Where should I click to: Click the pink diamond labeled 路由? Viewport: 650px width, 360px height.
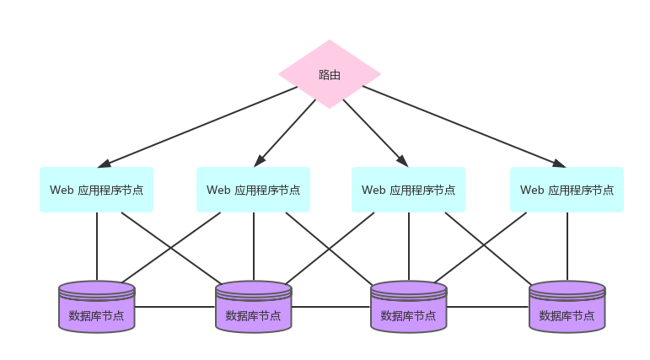pyautogui.click(x=330, y=74)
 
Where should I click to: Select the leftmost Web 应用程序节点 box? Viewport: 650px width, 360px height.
pyautogui.click(x=96, y=190)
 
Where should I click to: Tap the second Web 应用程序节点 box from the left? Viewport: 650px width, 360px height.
pyautogui.click(x=253, y=190)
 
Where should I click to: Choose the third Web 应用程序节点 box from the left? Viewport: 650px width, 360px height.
pyautogui.click(x=409, y=190)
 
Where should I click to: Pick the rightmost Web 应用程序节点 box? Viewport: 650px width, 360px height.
pyautogui.click(x=567, y=190)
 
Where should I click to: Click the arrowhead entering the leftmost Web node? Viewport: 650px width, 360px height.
pyautogui.click(x=105, y=163)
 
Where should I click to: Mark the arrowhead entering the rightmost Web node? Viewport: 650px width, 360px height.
pyautogui.click(x=558, y=163)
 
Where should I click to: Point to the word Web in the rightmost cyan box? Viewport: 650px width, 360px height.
pyautogui.click(x=532, y=190)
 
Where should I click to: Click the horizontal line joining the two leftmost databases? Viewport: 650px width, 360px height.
pyautogui.click(x=175, y=307)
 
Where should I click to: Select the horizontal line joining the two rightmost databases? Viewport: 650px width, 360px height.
pyautogui.click(x=487, y=307)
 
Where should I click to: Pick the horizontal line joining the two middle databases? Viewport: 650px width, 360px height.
pyautogui.click(x=331, y=307)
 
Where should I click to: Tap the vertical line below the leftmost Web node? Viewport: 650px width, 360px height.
pyautogui.click(x=96, y=246)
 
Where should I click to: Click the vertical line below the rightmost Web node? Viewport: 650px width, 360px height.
pyautogui.click(x=567, y=246)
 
